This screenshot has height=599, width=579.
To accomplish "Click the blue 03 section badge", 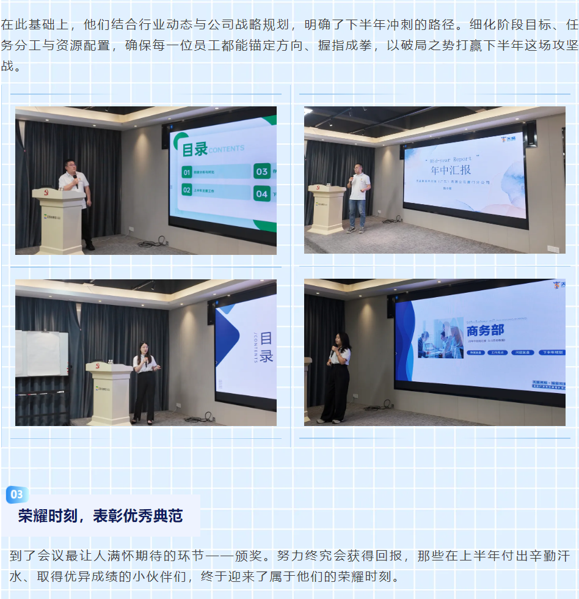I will pyautogui.click(x=16, y=494).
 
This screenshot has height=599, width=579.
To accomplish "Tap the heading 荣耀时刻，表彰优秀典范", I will pyautogui.click(x=100, y=516).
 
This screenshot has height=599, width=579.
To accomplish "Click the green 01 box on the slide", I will pyautogui.click(x=187, y=172).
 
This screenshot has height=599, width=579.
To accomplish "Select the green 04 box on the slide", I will pyautogui.click(x=261, y=194).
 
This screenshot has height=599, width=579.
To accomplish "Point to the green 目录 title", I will pyautogui.click(x=195, y=149).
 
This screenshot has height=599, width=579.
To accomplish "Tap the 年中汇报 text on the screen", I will pyautogui.click(x=451, y=170).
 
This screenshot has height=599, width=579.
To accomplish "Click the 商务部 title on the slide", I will pyautogui.click(x=485, y=330).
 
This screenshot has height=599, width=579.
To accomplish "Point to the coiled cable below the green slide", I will pyautogui.click(x=149, y=243).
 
